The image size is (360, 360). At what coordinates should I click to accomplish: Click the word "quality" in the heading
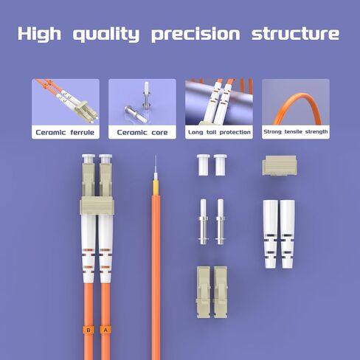(106, 34)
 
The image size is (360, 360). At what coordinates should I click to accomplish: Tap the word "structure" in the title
(295, 34)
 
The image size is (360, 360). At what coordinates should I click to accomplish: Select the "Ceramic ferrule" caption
(65, 133)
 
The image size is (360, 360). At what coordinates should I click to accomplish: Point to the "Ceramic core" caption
(142, 133)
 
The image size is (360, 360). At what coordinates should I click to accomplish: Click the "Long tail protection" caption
(219, 132)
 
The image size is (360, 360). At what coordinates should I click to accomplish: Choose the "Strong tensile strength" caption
(296, 132)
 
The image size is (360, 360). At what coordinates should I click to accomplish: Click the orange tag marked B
(89, 330)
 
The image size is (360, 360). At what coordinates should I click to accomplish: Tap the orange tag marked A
(105, 330)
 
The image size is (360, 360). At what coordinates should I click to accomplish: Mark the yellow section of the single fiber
(156, 187)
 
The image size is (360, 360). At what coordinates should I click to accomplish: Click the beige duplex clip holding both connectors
(97, 205)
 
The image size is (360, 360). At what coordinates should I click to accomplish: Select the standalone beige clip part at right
(280, 165)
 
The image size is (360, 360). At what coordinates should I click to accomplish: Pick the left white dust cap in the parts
(204, 165)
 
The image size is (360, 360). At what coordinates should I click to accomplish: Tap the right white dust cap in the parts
(221, 165)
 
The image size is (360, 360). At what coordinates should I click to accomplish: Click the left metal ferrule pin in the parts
(204, 222)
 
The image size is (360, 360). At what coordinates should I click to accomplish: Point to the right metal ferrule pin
(221, 222)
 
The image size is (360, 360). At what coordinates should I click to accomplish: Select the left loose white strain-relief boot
(271, 234)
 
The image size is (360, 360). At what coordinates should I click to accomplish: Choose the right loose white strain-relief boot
(288, 234)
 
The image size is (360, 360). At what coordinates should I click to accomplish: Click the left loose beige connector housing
(204, 292)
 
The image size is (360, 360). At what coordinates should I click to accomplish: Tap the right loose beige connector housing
(221, 292)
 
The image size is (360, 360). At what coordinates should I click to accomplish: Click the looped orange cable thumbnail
(296, 108)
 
